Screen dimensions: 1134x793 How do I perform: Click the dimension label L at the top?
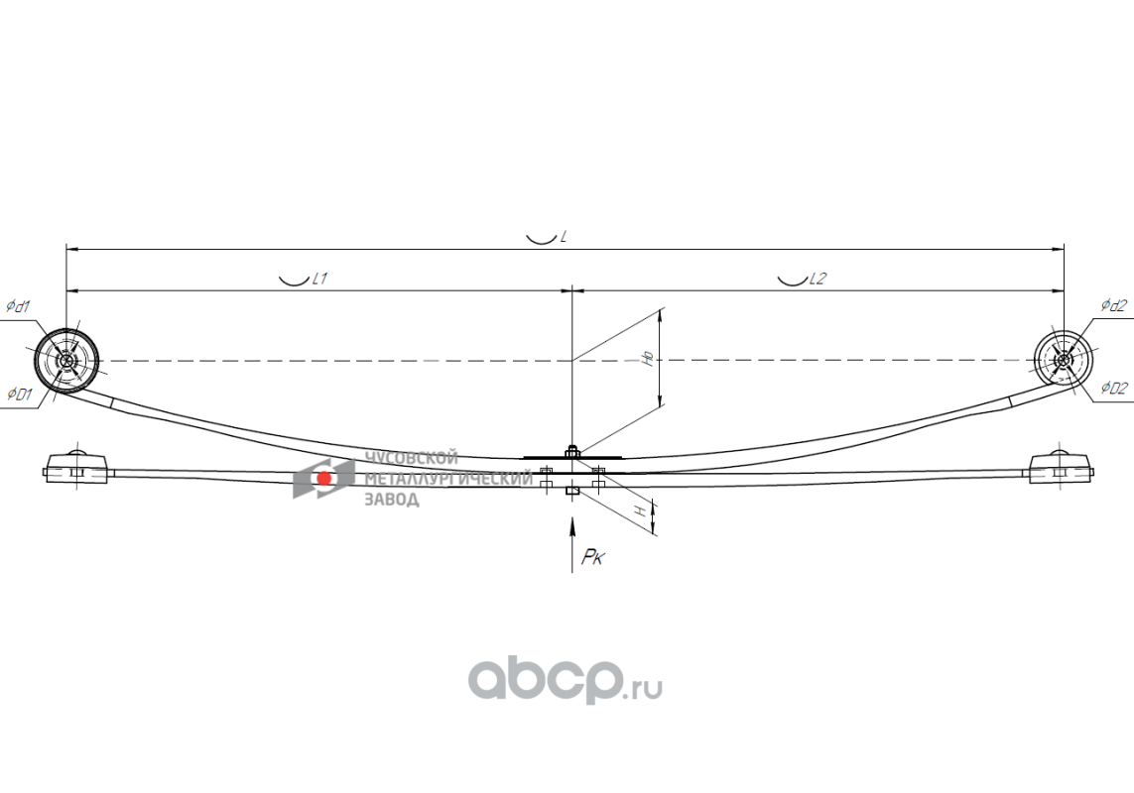[x=563, y=238]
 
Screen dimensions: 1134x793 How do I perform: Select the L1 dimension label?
[x=319, y=280]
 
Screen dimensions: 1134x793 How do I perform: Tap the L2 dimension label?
[x=817, y=280]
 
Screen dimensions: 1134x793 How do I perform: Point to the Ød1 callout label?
[x=18, y=306]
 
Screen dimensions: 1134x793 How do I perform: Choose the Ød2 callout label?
[x=1113, y=305]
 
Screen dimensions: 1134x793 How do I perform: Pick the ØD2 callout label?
[x=1113, y=389]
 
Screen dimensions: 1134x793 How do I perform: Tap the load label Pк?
[x=593, y=559]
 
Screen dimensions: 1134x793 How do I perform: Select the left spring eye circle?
[x=67, y=361]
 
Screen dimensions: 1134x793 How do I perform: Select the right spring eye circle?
[x=1063, y=360]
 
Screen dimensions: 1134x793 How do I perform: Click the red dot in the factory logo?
[x=323, y=479]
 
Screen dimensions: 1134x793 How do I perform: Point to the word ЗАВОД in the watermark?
[x=392, y=499]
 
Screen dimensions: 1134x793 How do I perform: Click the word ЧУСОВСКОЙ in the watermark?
[x=412, y=458]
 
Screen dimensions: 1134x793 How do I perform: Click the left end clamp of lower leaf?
[x=75, y=467]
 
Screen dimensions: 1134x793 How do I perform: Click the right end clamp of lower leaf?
[x=1061, y=467]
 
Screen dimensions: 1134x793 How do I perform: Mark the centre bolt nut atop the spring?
[x=571, y=453]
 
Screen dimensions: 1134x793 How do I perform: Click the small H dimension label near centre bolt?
[x=641, y=510]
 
